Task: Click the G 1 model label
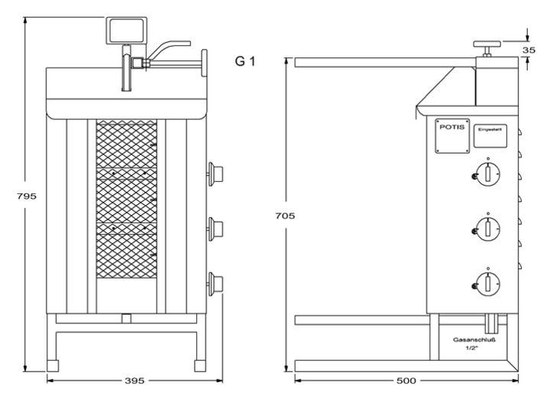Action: click(x=244, y=60)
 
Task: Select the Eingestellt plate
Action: click(x=487, y=131)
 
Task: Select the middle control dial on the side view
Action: click(x=487, y=226)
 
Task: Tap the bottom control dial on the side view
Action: click(x=487, y=283)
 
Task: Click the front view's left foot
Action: click(x=54, y=366)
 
